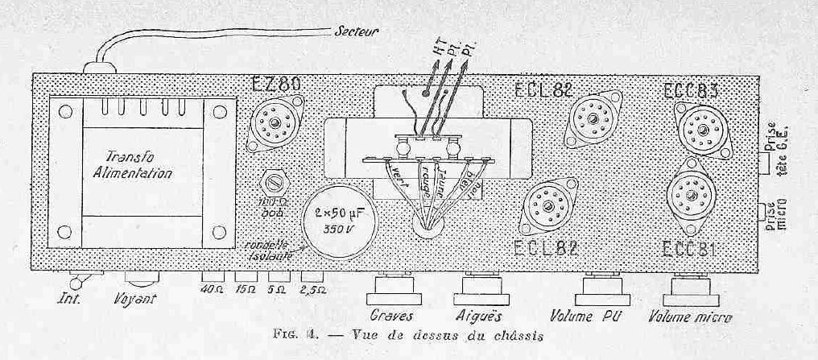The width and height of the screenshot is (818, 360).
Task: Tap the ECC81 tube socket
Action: [x=692, y=197]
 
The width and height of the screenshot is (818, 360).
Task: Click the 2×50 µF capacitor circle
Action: [x=337, y=220]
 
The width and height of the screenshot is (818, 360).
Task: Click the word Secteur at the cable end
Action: [x=357, y=31]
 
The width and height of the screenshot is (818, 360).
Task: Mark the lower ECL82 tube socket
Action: [x=548, y=207]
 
